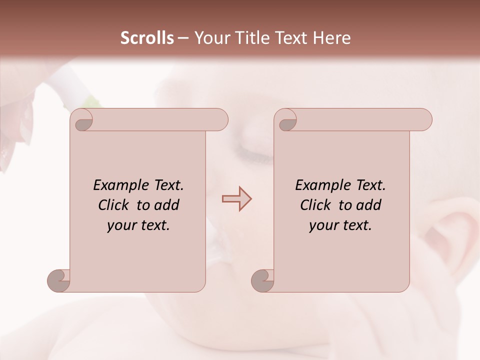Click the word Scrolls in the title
[x=147, y=38]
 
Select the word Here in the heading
[x=331, y=38]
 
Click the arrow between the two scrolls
[x=236, y=199]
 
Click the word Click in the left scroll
[x=115, y=205]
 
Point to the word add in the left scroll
[x=167, y=205]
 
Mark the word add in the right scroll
[x=369, y=205]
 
